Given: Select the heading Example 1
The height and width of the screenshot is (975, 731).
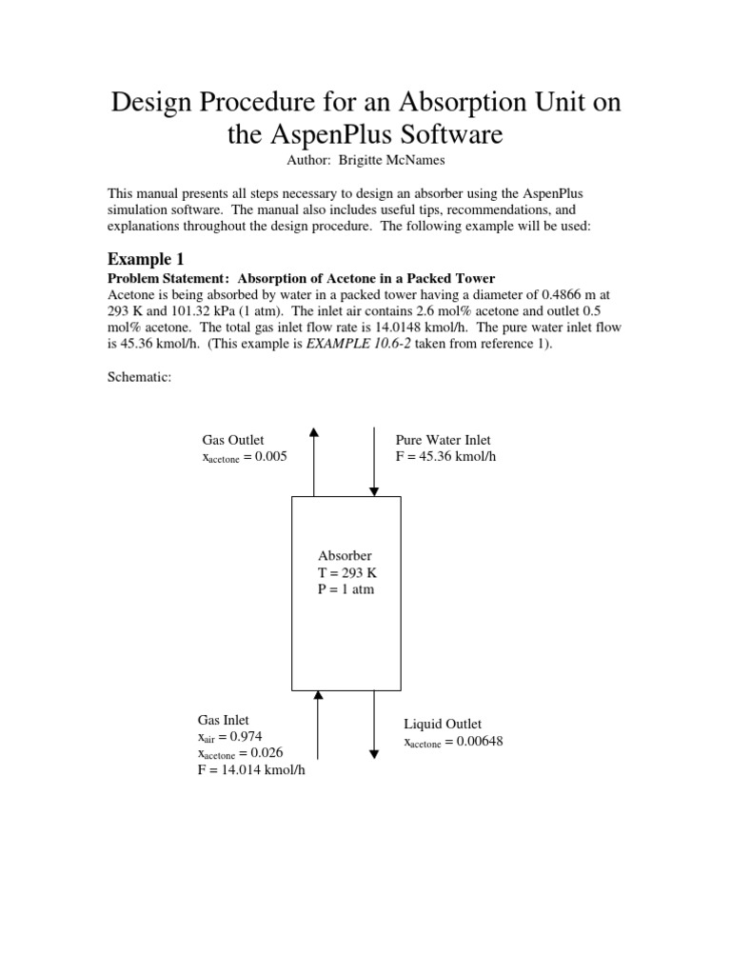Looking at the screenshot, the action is point(146,259).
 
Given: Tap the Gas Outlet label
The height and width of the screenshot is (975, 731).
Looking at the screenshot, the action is point(233,440).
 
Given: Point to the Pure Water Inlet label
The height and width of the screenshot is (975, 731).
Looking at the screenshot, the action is point(444,440).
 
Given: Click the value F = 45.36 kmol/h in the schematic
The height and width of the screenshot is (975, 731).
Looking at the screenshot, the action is point(445,456).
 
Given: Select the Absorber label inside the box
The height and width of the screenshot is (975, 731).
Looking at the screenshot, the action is point(345,555).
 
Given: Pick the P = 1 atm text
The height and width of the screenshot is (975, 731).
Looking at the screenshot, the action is point(346,589).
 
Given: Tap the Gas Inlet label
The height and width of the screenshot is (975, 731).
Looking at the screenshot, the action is point(224,720).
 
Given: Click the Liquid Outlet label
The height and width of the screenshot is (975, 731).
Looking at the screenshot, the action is point(443,725).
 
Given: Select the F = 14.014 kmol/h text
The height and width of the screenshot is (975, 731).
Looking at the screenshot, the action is point(251,769).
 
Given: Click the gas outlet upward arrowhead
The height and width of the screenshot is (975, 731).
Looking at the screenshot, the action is point(314,433).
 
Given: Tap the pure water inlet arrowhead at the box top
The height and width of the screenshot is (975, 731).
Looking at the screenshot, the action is point(374,490).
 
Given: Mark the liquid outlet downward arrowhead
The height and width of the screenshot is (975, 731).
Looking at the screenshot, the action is point(374,753).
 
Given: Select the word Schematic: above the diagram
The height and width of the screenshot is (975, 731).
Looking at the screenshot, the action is point(140,378).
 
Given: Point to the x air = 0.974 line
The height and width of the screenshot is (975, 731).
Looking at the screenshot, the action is point(229,736).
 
